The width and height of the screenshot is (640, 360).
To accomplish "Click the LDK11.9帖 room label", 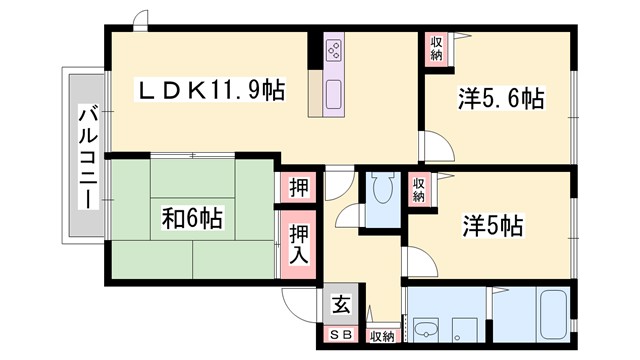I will point(211,91).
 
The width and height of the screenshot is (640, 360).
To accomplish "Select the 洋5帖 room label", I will point(493,226).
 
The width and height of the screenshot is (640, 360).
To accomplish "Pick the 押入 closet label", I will point(299,245).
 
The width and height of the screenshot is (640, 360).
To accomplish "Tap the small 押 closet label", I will point(299,187).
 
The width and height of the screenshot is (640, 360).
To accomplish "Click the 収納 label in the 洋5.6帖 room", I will point(436,48).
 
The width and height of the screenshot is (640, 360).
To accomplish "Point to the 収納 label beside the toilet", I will point(419,188).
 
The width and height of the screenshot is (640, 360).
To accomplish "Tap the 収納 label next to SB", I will point(382,336).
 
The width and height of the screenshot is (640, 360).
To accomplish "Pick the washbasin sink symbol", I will point(427,327).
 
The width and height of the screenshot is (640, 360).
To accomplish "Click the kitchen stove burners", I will point(334,50).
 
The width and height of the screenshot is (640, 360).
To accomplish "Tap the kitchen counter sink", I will point(333,96).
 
